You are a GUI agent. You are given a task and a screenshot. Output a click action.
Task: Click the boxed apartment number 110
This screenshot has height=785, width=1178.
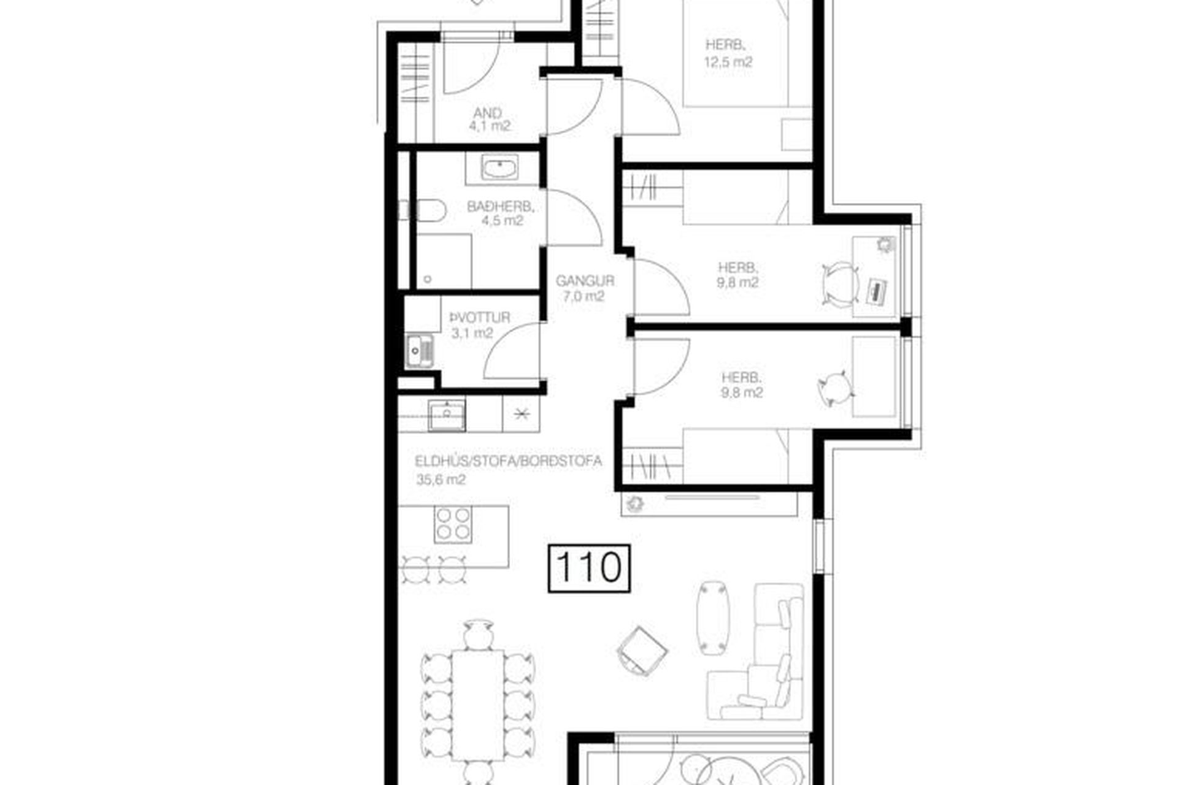(x=588, y=569)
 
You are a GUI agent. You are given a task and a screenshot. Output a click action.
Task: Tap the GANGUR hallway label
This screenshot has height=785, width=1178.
(x=585, y=281)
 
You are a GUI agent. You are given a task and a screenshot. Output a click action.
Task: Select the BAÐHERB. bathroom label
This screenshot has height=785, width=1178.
(x=501, y=207)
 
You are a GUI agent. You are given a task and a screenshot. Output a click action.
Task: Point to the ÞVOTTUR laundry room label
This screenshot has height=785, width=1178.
(x=480, y=318)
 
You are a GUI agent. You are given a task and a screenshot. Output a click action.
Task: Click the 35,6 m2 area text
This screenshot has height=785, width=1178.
(x=441, y=480)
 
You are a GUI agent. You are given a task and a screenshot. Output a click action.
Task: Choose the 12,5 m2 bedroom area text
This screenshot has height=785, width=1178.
(x=728, y=62)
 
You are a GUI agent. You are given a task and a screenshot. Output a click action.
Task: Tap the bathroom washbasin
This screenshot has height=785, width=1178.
(x=500, y=167)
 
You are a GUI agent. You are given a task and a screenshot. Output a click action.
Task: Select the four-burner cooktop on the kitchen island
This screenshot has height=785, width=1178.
(x=453, y=524)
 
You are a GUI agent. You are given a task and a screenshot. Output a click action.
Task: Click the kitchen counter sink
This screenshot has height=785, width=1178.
(x=447, y=415)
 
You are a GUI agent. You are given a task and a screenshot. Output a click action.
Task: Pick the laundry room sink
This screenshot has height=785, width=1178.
(x=420, y=351)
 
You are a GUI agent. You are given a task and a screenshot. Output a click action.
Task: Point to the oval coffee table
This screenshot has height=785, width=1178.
(x=714, y=618)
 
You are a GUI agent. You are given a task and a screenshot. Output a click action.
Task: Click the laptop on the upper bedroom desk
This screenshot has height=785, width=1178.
(x=877, y=291)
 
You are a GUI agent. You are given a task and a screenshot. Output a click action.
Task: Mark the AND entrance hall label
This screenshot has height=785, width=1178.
(x=488, y=113)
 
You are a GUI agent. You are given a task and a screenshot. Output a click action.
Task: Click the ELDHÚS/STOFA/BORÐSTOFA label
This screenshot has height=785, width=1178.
(x=509, y=461)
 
